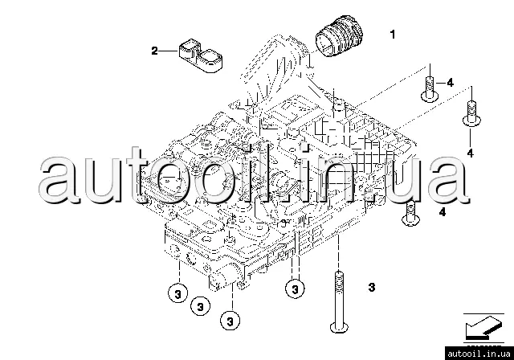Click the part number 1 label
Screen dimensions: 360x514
tap(393, 35)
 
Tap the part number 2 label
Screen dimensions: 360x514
tap(155, 51)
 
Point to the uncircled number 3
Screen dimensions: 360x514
tap(371, 287)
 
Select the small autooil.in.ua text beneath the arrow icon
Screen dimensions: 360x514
tap(479, 351)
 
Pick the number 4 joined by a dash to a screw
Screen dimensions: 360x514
tap(450, 83)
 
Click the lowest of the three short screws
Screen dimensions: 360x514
tap(412, 213)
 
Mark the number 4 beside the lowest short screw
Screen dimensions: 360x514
tap(442, 212)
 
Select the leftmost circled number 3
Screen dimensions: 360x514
tap(176, 292)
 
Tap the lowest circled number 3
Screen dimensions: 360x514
tap(230, 321)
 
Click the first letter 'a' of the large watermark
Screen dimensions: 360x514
tap(58, 182)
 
